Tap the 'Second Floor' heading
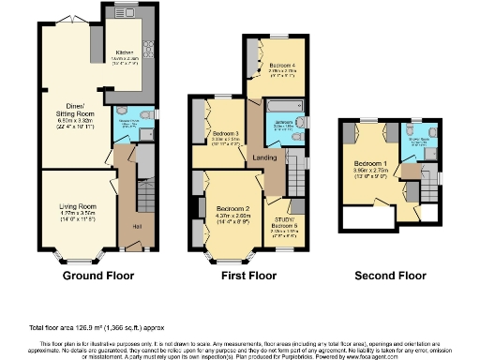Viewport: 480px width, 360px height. [388, 277]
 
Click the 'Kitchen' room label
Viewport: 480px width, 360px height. [126, 52]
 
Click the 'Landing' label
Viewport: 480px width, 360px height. [263, 158]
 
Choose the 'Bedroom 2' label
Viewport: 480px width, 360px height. [232, 207]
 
